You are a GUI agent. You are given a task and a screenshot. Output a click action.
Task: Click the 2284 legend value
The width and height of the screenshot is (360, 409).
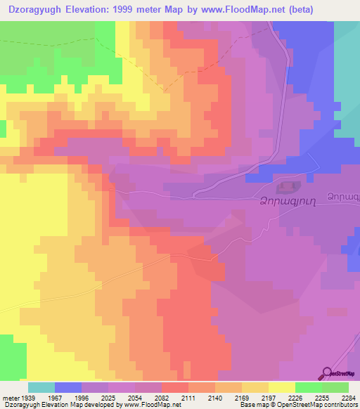point(349,397)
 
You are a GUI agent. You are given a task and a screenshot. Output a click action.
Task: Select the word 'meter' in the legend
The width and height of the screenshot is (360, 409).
point(11,397)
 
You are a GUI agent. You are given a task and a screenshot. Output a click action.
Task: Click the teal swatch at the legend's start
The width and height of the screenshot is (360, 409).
point(41,387)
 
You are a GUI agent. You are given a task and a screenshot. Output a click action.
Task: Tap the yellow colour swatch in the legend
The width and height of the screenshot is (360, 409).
point(282,387)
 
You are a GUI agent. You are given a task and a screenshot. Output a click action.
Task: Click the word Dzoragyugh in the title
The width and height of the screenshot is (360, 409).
point(40,9)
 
